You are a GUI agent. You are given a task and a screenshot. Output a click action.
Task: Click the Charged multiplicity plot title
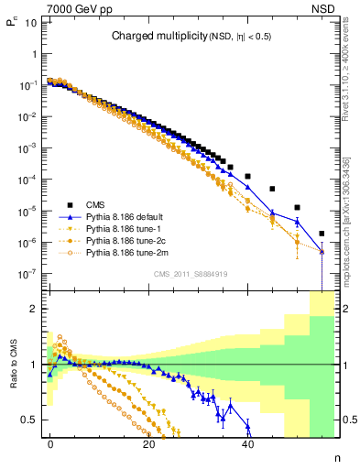click(x=191, y=37)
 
